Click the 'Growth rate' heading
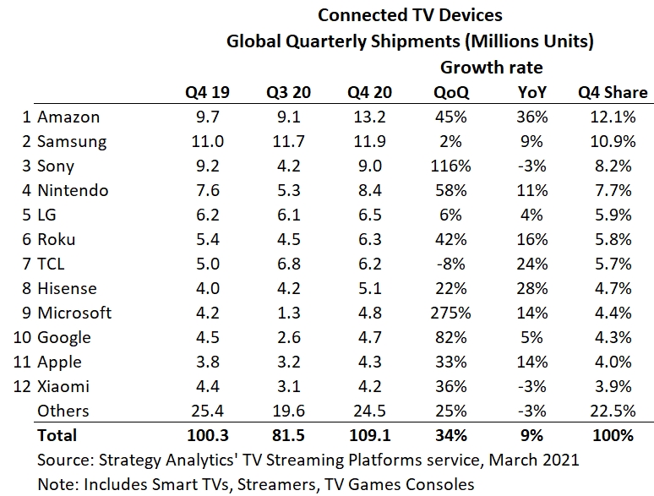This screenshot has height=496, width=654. point(491,67)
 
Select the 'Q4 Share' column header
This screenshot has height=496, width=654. point(613,92)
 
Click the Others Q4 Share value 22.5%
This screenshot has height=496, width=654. point(613,411)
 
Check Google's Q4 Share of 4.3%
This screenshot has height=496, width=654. point(613,337)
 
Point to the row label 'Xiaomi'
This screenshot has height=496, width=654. point(63,386)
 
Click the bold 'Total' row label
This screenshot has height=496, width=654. point(57,435)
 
